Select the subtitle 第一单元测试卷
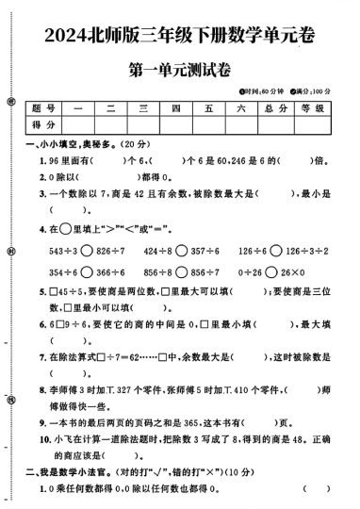click(x=179, y=73)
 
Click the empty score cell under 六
click(x=241, y=125)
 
